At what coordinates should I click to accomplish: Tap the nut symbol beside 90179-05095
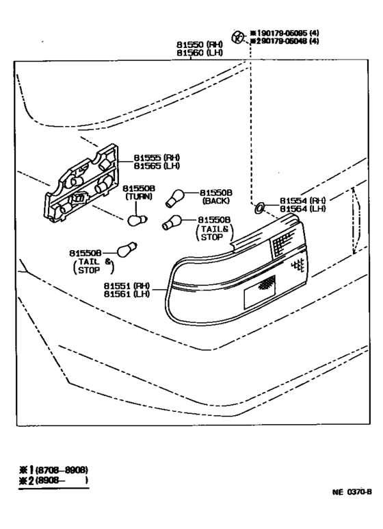[x=237, y=36]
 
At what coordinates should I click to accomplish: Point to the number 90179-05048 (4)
[x=285, y=42]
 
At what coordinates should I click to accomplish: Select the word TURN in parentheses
[x=139, y=197]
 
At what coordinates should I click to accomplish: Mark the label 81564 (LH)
[x=302, y=209]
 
